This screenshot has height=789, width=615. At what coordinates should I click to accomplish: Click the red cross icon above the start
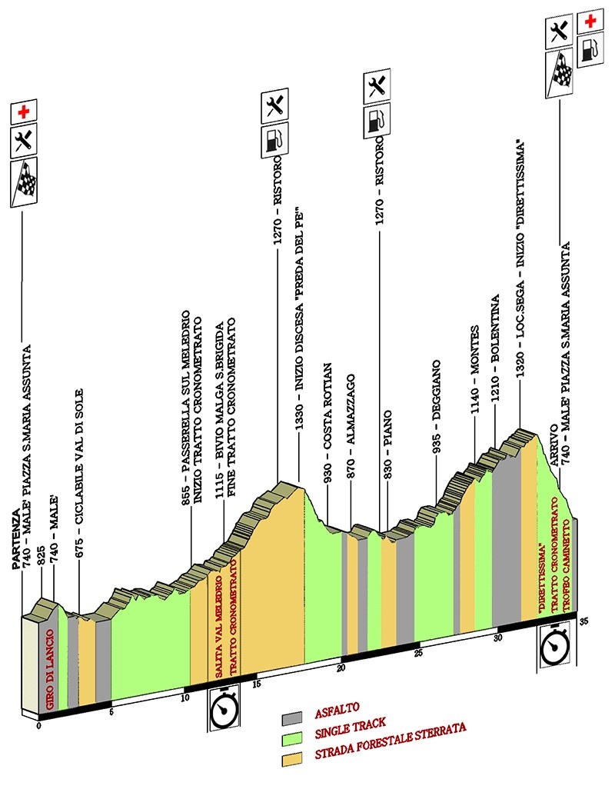coord(24,112)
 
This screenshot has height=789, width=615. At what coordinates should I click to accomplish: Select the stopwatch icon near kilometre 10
coord(223,709)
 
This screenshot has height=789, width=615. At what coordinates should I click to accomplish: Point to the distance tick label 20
coord(341,669)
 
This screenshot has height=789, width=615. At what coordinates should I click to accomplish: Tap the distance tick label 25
coord(418,653)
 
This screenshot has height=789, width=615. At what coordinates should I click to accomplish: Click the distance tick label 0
coord(39,726)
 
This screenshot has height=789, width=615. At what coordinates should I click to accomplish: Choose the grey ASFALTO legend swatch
coord(291,717)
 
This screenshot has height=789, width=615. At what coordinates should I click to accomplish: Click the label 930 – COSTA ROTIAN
coord(327,423)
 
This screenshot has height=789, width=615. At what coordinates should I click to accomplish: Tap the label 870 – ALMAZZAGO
coord(351,426)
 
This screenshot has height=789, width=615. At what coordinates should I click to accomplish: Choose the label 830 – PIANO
coord(387,444)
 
